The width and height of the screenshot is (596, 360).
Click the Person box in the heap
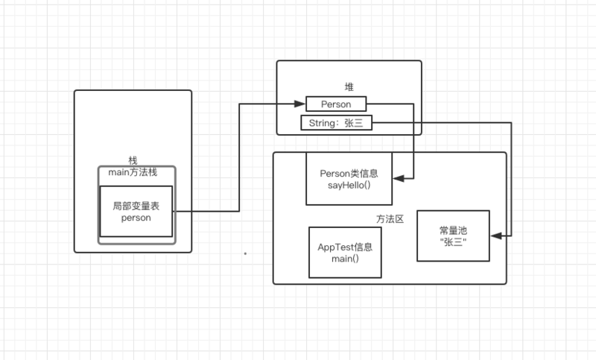coord(336,104)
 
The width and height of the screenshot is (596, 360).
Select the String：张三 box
coord(336,123)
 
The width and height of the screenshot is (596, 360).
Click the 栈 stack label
coord(133,161)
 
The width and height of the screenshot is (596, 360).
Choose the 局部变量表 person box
coord(136,212)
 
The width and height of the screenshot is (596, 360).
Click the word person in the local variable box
coord(136,218)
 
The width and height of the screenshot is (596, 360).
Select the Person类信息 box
coord(349,179)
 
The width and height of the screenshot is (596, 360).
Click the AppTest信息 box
coord(345,253)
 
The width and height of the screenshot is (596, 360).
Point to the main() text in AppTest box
coord(345,259)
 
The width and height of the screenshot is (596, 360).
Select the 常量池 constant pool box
coord(454,236)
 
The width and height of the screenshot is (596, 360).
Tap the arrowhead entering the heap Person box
coord(302,104)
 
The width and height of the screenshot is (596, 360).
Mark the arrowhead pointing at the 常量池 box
coord(495,236)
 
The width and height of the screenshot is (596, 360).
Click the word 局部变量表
coord(136,205)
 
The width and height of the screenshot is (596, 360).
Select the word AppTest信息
coord(345,247)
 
